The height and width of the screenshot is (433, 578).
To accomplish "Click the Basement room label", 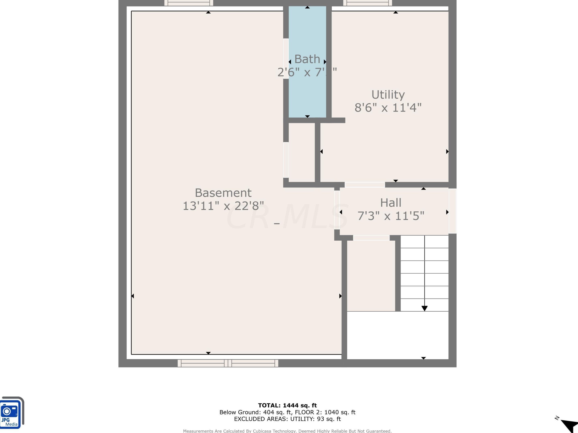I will [x=223, y=193].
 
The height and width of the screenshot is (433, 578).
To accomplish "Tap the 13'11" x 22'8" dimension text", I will [x=223, y=206].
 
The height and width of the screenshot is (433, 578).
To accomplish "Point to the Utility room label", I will [x=388, y=94].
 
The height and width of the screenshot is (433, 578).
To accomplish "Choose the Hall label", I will [x=391, y=203].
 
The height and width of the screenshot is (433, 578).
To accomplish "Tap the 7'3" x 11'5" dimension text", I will [x=391, y=216].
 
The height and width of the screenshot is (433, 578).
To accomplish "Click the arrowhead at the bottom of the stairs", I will [x=424, y=308].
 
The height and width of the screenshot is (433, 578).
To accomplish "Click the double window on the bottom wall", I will [x=228, y=363].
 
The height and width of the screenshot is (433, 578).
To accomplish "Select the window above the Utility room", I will [x=367, y=3].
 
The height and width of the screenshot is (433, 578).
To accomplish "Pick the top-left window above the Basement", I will [x=189, y=3].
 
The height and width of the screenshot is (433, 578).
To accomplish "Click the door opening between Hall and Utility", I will [x=365, y=185].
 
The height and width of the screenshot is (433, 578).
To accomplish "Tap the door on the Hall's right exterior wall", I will [x=452, y=211].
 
